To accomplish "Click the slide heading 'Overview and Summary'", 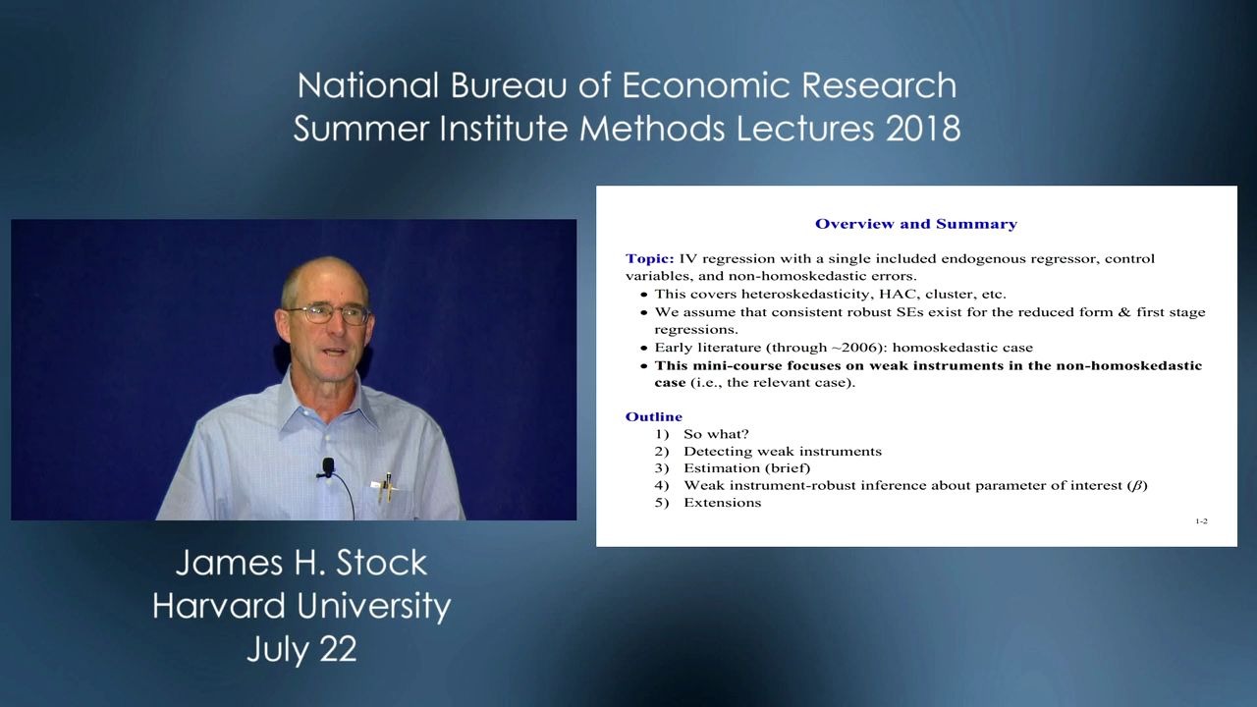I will pyautogui.click(x=915, y=224).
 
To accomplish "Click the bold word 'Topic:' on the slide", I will pyautogui.click(x=649, y=259).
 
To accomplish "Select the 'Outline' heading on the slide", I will pyautogui.click(x=653, y=416).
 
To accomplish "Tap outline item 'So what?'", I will pyautogui.click(x=716, y=434).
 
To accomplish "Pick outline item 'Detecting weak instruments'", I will pyautogui.click(x=782, y=452).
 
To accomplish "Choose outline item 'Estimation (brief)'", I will pyautogui.click(x=746, y=468).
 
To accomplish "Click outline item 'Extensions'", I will pyautogui.click(x=722, y=503).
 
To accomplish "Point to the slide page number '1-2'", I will pyautogui.click(x=1201, y=521).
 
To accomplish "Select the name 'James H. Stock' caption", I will pyautogui.click(x=301, y=563).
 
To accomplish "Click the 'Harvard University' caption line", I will pyautogui.click(x=301, y=606).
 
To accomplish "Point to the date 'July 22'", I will pyautogui.click(x=301, y=649).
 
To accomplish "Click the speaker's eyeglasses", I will pyautogui.click(x=328, y=314).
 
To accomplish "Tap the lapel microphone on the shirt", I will pyautogui.click(x=327, y=466).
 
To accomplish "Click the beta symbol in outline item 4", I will pyautogui.click(x=1137, y=486).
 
